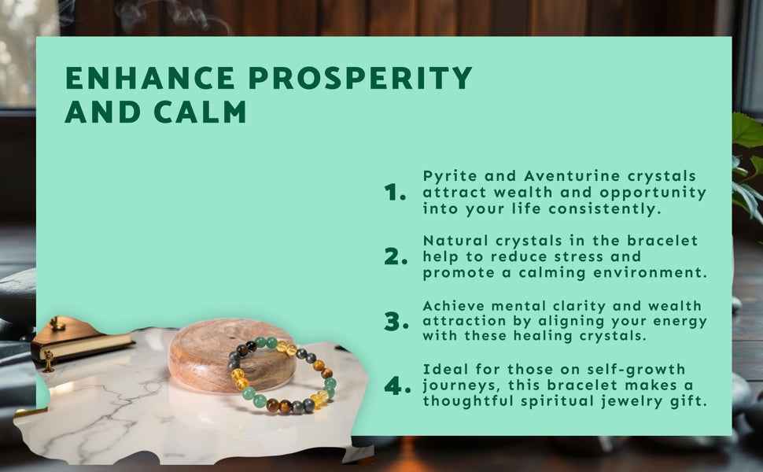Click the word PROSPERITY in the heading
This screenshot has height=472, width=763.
tap(360, 78)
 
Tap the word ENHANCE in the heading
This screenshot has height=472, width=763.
tap(150, 78)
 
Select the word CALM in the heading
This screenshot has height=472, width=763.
tap(200, 112)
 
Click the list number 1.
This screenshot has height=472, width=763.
tap(395, 192)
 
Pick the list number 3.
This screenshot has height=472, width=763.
tap(396, 322)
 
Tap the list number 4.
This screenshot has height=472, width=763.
tap(397, 385)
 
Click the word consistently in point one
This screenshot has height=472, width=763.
tap(605, 208)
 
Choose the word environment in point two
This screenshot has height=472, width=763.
tap(650, 272)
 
